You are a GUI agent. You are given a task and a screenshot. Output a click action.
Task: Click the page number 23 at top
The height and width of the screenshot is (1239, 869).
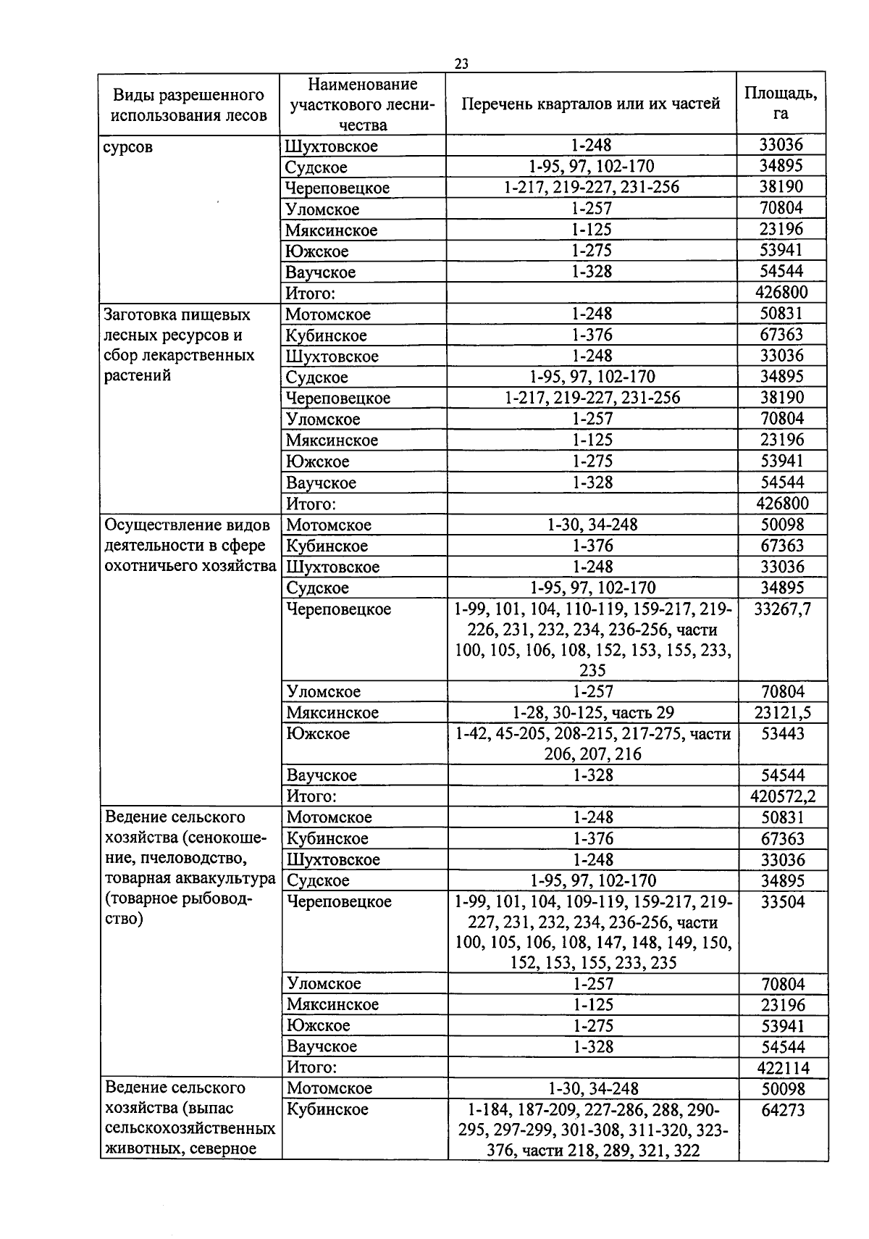click(x=461, y=64)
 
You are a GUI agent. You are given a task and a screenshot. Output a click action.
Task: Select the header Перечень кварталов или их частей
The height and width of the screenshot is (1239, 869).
click(x=591, y=104)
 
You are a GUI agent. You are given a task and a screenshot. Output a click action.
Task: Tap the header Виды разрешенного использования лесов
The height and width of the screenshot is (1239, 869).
click(x=188, y=105)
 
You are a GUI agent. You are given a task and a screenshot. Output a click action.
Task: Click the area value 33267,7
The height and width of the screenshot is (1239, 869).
click(x=782, y=609)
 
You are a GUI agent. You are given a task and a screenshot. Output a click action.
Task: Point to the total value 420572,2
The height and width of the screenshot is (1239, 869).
click(x=783, y=796)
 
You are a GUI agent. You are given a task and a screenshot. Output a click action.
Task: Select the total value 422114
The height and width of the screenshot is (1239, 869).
click(x=783, y=1067)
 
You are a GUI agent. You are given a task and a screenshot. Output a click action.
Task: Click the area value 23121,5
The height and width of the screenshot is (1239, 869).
click(x=782, y=712)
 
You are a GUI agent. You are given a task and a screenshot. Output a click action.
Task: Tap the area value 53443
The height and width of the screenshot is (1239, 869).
click(x=782, y=733)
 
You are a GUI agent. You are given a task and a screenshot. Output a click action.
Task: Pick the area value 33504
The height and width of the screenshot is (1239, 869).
click(x=783, y=902)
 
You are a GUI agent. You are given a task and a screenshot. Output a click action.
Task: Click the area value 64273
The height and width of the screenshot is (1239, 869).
click(x=783, y=1110)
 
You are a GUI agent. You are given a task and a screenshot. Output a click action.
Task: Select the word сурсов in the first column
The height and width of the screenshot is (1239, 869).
click(x=129, y=147)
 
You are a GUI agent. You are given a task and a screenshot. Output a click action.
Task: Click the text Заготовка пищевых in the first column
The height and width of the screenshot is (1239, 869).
click(x=177, y=314)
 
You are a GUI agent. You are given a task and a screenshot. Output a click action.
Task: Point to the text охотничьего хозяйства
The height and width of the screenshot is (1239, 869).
click(x=190, y=566)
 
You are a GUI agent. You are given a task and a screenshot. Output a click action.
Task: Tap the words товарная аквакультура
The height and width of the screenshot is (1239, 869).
click(x=190, y=879)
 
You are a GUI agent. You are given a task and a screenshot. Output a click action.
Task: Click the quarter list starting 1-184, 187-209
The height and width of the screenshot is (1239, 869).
click(x=592, y=1130)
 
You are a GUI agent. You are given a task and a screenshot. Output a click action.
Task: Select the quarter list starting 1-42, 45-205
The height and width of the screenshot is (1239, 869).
click(x=592, y=743)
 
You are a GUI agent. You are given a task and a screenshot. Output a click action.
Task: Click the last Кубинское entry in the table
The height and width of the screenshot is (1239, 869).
click(x=327, y=1109)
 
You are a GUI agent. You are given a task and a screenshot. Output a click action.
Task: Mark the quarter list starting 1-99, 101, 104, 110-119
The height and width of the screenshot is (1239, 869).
click(x=592, y=639)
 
